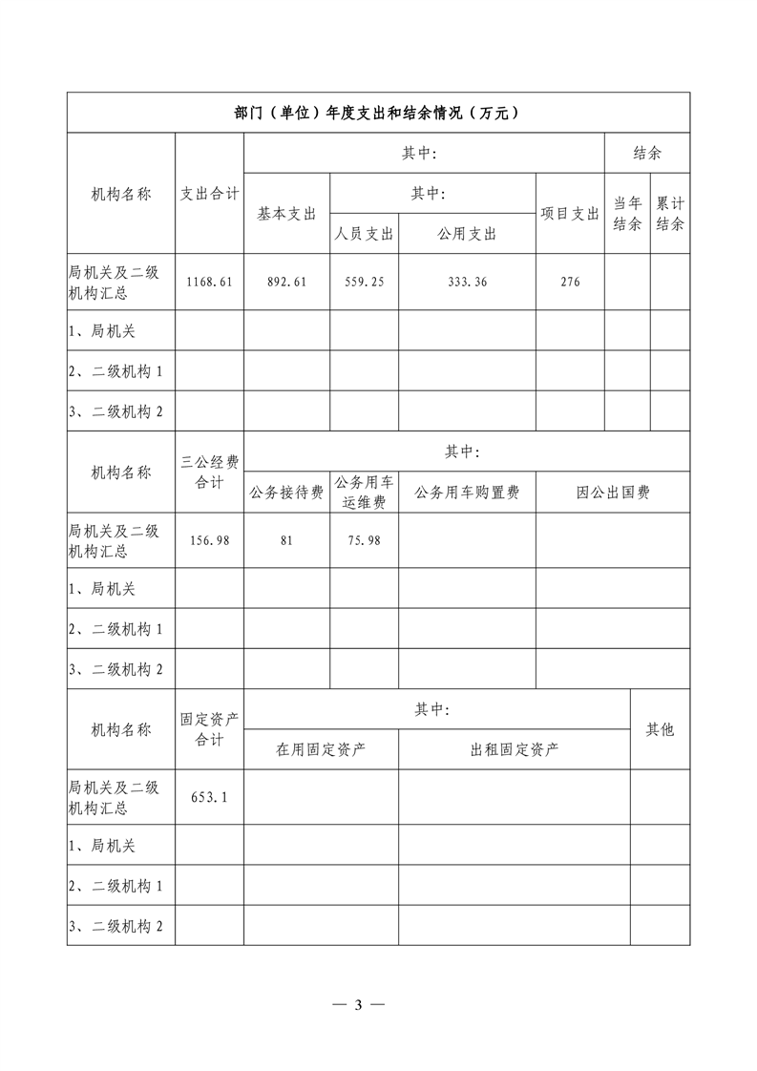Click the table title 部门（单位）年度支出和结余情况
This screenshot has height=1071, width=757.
tap(378, 113)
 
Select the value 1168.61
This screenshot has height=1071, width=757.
tap(209, 282)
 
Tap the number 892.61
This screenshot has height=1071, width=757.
tap(286, 282)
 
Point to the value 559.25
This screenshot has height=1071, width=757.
tap(364, 282)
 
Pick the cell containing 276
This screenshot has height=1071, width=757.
tap(569, 282)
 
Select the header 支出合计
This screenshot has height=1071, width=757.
tap(209, 194)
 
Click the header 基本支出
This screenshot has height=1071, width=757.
tap(286, 214)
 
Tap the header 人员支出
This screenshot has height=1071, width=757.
tap(364, 234)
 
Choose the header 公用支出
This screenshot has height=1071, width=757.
tap(466, 234)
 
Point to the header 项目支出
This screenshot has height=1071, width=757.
tap(569, 214)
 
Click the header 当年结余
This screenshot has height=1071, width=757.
tap(627, 214)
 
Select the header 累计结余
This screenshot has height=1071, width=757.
tap(670, 214)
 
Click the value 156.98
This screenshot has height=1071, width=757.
tap(209, 540)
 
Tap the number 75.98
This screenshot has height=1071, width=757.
tap(364, 540)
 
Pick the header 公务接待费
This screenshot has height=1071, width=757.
tap(286, 493)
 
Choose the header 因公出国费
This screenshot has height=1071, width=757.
tap(612, 493)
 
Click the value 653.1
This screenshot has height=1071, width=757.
tap(209, 797)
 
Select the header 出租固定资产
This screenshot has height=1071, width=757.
tap(514, 749)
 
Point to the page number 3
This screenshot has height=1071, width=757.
tap(358, 1004)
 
